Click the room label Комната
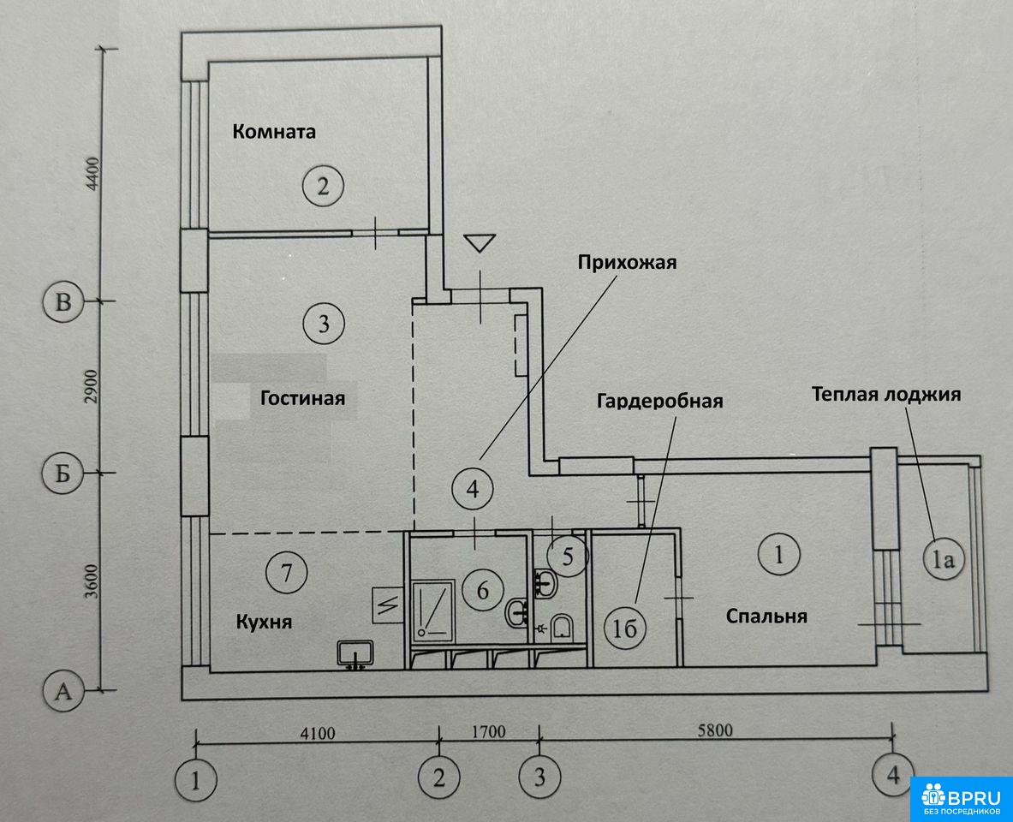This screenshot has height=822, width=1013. coord(274,132)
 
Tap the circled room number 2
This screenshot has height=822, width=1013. coord(323,187)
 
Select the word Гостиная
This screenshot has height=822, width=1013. coord(302,397)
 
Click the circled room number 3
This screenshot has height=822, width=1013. coord(324,323)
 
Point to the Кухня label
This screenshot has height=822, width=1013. coord(264,622)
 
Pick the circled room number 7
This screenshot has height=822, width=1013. coord(286,572)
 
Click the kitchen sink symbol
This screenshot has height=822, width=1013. coord(355,654)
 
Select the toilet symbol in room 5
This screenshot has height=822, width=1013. coord(562,626)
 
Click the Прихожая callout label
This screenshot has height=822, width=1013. coord(627,262)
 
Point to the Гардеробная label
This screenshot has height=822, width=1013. coord(659,401)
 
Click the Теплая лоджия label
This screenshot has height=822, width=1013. coord(886,394)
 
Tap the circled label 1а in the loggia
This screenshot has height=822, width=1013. coord(944,559)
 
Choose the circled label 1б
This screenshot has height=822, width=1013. coord(625,628)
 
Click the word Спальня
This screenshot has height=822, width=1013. coord(766,616)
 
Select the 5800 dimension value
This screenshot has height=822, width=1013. coord(715,730)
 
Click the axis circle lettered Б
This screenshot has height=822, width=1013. coord(63,474)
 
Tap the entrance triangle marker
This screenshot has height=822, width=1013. coord(480,243)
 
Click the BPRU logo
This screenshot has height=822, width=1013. coord(962,799)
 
